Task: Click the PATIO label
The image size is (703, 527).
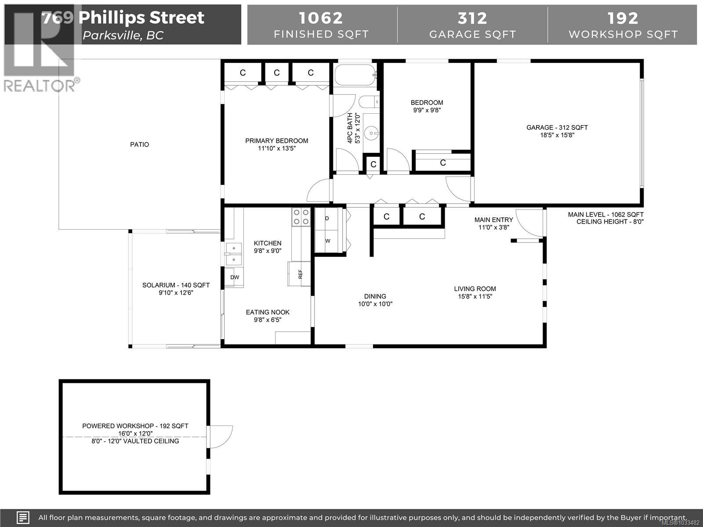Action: (x=139, y=144)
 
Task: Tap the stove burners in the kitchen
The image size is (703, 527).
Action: (x=301, y=217)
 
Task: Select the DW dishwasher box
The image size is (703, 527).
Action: (x=235, y=277)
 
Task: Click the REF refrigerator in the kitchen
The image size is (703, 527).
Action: (x=300, y=274)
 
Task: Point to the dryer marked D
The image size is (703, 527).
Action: (x=327, y=218)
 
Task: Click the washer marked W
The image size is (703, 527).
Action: (x=327, y=241)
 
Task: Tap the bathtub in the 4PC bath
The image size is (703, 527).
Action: (x=355, y=76)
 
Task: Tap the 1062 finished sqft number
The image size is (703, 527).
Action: (x=321, y=18)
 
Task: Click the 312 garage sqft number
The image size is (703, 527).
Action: (x=472, y=18)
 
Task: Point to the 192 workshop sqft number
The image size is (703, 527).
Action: (x=623, y=18)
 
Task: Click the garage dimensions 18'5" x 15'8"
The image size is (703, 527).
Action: (x=557, y=135)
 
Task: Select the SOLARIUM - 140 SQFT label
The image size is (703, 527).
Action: (x=176, y=285)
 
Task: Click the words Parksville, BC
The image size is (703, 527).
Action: (x=123, y=36)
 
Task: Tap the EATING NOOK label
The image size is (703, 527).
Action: (x=268, y=312)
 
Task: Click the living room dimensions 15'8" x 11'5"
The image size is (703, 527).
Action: (x=475, y=296)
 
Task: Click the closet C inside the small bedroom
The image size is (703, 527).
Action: (x=443, y=163)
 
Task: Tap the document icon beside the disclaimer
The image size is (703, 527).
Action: (x=23, y=517)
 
